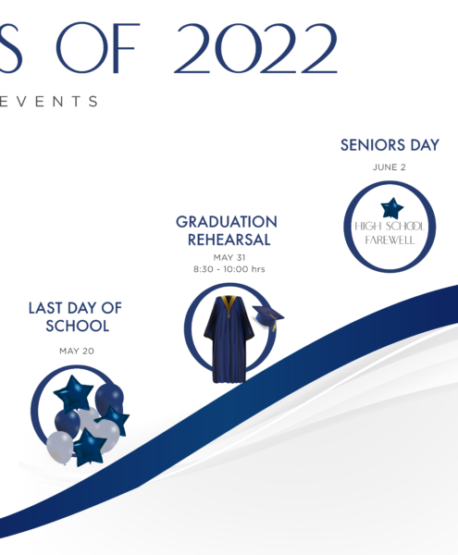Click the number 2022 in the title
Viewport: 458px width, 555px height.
(255, 48)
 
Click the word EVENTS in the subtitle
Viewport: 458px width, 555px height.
(49, 102)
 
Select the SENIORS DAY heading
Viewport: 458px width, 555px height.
(390, 145)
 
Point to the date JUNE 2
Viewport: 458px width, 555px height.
(389, 167)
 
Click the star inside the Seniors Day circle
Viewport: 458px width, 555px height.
(392, 208)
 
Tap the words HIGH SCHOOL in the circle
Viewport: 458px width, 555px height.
(390, 227)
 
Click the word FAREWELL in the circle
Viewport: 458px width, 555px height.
(390, 240)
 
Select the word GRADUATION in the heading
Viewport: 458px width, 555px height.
(227, 222)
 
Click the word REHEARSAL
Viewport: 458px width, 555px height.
(229, 240)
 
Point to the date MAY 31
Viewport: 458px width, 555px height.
(229, 257)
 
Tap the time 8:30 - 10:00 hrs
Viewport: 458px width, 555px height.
(229, 269)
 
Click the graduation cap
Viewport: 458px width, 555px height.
(268, 316)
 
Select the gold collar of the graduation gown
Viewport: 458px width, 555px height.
(229, 305)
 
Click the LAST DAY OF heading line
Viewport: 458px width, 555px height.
(75, 308)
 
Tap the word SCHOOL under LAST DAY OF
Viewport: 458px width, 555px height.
(77, 326)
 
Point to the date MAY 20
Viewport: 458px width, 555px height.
(77, 351)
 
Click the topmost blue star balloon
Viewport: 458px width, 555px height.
(73, 394)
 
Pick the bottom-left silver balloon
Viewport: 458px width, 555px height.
(60, 447)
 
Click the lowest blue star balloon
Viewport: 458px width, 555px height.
(89, 447)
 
